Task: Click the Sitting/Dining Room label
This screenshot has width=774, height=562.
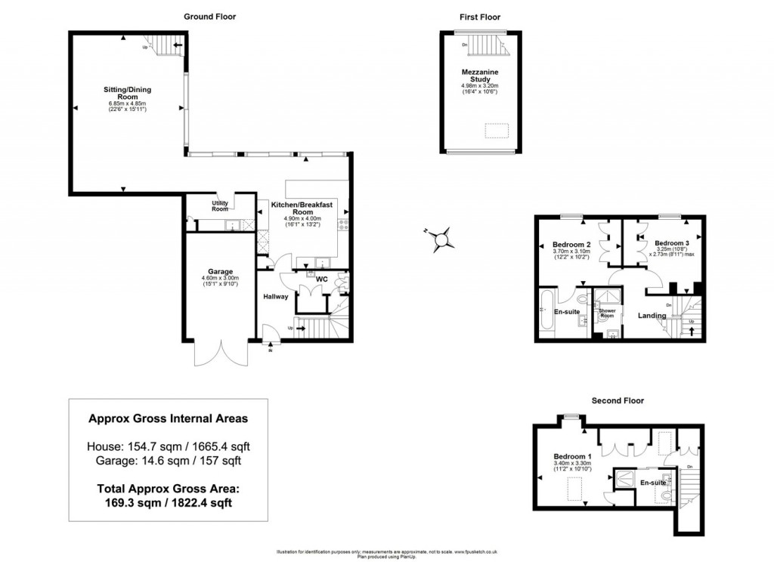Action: pos(126,93)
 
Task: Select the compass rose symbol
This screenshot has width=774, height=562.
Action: pos(441,238)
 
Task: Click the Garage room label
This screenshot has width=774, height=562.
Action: pos(221,271)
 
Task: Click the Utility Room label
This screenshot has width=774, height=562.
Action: pos(220,205)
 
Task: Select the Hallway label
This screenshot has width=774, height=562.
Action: pos(276,296)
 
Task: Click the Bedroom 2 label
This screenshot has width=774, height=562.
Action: pos(571,245)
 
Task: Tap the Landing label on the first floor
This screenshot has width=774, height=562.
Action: pos(652,316)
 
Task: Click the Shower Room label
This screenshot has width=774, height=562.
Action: pos(608,311)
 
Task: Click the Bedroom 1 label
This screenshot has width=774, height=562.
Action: pos(571,457)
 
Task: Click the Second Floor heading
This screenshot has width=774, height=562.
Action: pos(617,400)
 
